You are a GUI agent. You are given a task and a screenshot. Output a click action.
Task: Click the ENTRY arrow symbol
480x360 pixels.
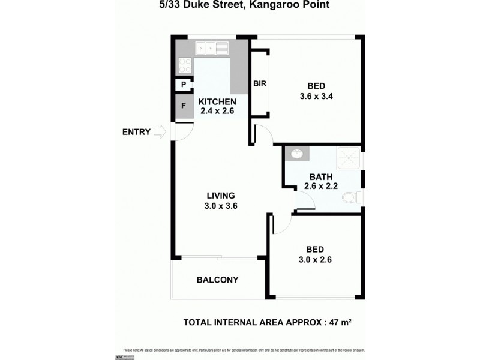[x=160, y=132]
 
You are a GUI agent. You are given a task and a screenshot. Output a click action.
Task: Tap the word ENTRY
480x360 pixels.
[x=136, y=132]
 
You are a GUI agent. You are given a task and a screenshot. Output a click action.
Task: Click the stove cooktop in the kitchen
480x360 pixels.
[x=185, y=64]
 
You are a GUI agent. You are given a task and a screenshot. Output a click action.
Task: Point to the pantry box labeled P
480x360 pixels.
[x=182, y=85]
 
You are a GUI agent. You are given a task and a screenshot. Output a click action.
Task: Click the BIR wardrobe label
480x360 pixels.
[x=259, y=83]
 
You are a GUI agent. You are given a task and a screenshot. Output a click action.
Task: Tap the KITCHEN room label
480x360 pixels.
[x=217, y=101]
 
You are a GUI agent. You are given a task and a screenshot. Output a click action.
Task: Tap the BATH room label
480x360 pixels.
[x=321, y=176]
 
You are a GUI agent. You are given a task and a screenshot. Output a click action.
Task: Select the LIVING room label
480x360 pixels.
[x=220, y=196]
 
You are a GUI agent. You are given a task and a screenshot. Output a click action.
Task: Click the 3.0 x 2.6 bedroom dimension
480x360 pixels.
[x=316, y=260]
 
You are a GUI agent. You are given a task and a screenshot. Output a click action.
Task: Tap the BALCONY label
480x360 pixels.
[x=218, y=280]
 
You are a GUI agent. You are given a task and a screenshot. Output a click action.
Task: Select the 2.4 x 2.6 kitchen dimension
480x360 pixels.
[x=217, y=111]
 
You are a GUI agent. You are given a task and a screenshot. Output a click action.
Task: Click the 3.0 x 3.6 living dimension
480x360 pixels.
[x=220, y=206]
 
